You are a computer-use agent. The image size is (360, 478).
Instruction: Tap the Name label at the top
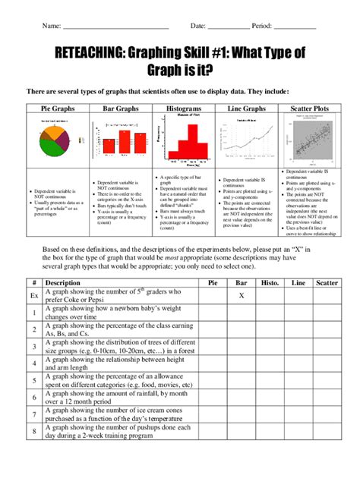pyautogui.click(x=51, y=26)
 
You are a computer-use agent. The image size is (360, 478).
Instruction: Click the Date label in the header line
pyautogui.click(x=198, y=26)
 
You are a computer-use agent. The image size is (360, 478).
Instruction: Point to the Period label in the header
pyautogui.click(x=262, y=26)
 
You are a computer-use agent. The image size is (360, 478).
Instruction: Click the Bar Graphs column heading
pyautogui.click(x=120, y=109)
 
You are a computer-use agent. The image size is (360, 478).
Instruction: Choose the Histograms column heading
pyautogui.click(x=182, y=109)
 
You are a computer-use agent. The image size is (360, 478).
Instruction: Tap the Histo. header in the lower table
pyautogui.click(x=270, y=282)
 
